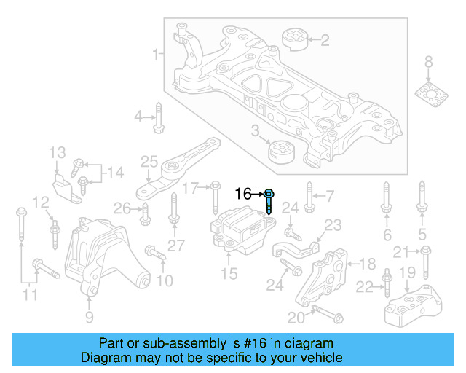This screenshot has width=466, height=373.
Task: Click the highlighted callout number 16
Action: [243, 194]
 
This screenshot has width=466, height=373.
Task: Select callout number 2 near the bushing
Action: [325, 40]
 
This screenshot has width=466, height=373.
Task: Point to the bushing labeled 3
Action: [280, 153]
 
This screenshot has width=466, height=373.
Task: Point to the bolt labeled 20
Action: [325, 315]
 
